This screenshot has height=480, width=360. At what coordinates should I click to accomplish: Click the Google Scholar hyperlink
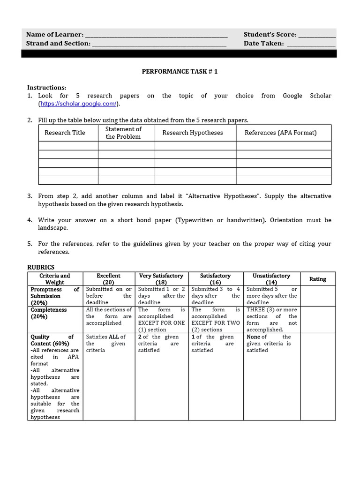(x=79, y=104)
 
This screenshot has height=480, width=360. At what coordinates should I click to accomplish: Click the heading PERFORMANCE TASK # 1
(x=180, y=72)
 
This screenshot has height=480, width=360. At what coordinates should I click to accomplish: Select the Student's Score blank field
(x=317, y=35)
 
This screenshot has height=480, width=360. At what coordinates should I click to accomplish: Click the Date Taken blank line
(x=311, y=44)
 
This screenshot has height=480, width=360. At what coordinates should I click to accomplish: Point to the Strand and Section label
(x=58, y=44)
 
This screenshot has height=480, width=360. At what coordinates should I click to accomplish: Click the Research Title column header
(x=65, y=133)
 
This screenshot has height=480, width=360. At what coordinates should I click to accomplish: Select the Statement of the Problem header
(x=123, y=133)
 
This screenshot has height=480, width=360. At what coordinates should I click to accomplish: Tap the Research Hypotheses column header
(x=193, y=133)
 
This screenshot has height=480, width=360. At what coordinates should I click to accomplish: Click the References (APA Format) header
(x=280, y=133)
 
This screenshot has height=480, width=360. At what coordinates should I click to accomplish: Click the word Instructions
(x=46, y=88)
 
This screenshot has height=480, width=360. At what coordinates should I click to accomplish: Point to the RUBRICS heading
(x=41, y=267)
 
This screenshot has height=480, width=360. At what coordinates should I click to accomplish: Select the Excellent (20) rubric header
(x=108, y=279)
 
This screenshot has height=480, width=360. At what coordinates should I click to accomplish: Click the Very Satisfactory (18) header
(x=161, y=279)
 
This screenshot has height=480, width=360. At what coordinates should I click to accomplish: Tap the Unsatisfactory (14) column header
(x=271, y=279)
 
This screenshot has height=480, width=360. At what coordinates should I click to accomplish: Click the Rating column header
(x=317, y=279)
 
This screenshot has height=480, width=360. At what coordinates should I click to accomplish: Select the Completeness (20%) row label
(x=49, y=313)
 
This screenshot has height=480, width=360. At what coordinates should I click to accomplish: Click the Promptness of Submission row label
(x=54, y=296)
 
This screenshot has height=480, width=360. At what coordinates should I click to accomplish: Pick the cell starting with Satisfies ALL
(x=108, y=344)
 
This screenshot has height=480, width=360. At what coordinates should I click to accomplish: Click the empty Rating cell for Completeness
(x=318, y=320)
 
